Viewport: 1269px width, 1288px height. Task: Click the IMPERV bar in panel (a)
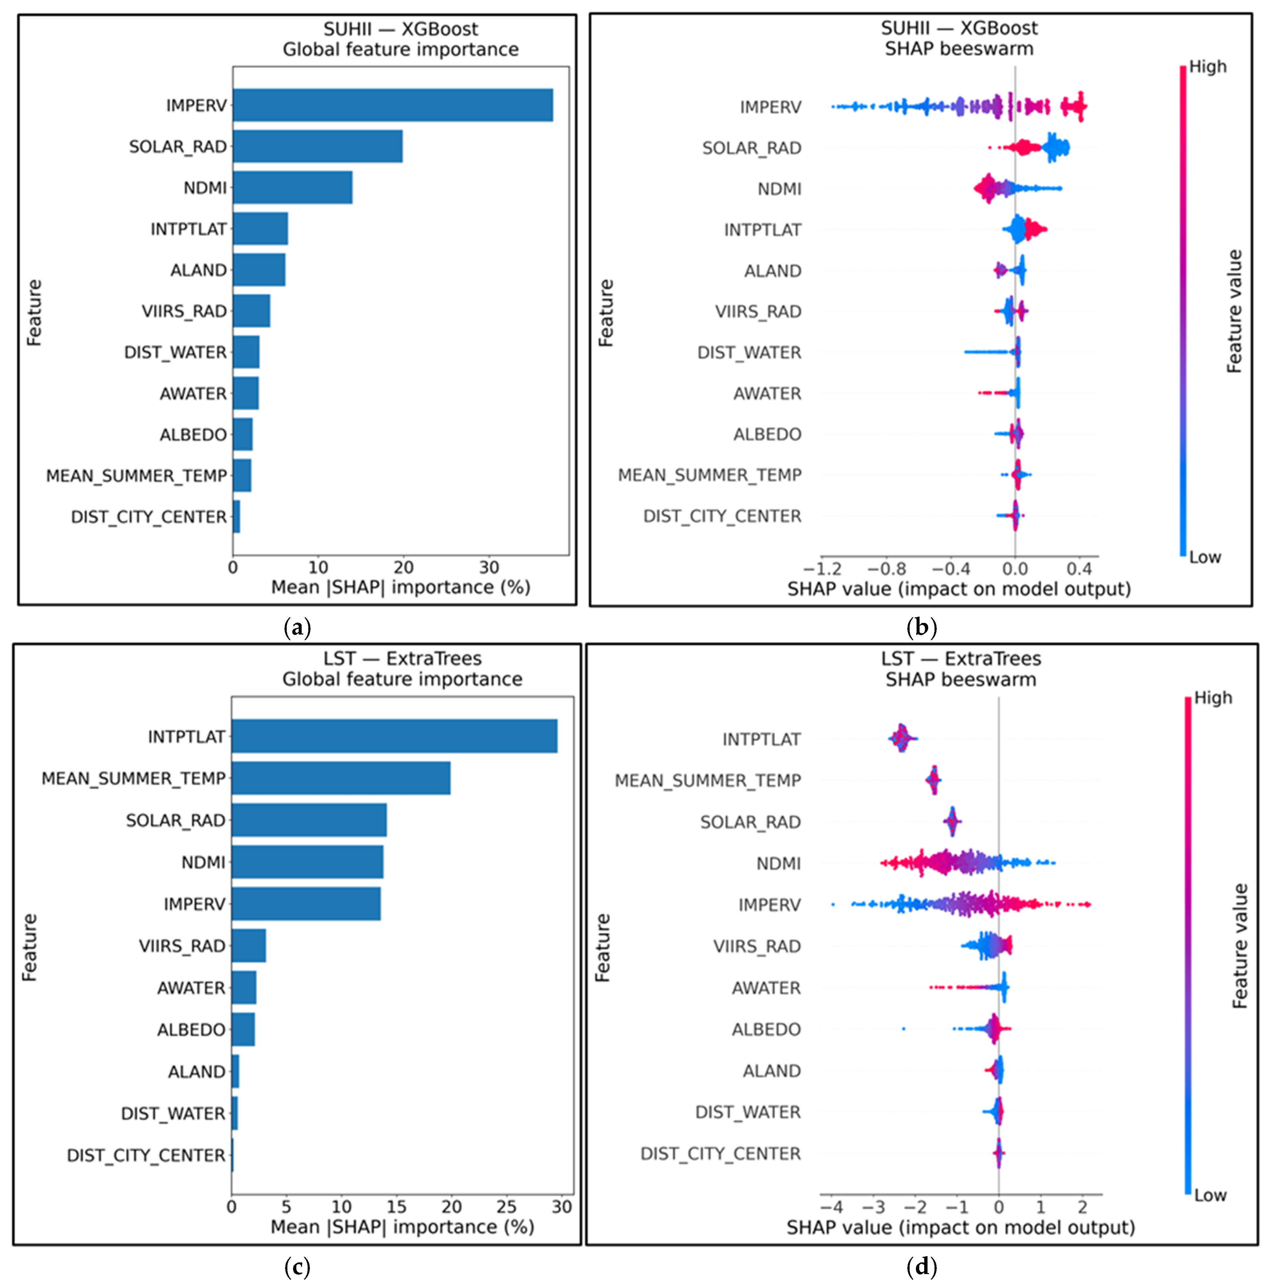point(393,105)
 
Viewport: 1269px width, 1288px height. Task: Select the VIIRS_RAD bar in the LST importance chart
point(249,946)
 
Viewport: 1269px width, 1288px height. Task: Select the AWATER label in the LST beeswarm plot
point(766,988)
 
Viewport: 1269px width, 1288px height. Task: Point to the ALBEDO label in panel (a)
point(193,435)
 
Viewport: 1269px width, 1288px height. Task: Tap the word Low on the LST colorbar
point(1210,1195)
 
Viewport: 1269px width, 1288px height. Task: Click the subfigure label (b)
point(922,627)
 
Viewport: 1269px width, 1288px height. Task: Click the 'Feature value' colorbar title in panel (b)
point(1235,311)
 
